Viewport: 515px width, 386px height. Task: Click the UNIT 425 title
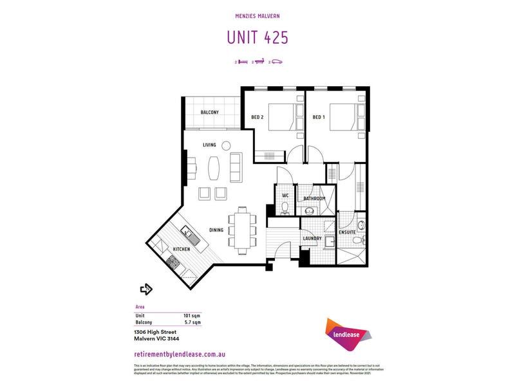point(257,37)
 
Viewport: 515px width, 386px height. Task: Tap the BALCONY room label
point(209,113)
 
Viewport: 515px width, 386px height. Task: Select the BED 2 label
point(257,117)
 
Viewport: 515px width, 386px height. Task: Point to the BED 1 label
point(319,117)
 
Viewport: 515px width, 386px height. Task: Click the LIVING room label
point(209,145)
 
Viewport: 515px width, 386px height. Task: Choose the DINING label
point(216,230)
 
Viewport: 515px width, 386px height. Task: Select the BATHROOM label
point(314,199)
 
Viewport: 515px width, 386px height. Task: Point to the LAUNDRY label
point(312,239)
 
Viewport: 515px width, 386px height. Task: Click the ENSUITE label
point(348,232)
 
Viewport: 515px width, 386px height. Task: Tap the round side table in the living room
point(227,145)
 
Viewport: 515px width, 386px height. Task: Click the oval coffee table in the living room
point(214,167)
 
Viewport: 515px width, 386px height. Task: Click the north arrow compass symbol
point(146,289)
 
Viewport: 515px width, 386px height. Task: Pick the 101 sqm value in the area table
point(192,316)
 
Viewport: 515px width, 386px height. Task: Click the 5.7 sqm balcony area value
point(192,323)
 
